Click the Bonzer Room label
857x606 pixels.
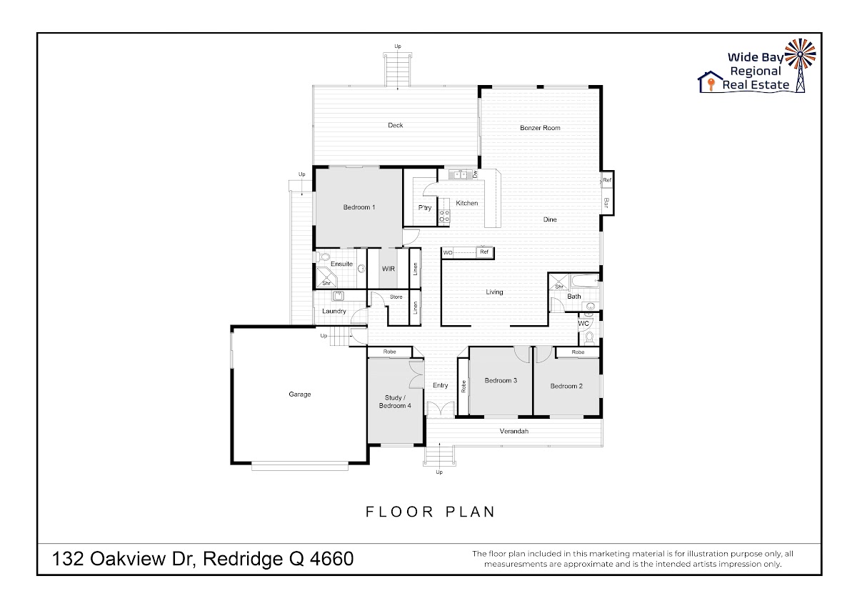pos(540,128)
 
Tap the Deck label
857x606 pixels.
pos(395,125)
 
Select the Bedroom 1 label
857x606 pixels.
pos(359,207)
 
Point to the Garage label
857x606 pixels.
pos(299,394)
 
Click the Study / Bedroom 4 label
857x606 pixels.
pos(395,402)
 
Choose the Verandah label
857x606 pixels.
pos(513,431)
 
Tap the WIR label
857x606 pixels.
pos(388,269)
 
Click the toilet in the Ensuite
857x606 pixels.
pos(323,257)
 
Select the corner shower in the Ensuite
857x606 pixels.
pos(326,277)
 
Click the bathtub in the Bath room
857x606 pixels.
pos(585,282)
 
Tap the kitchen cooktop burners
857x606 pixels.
pos(444,216)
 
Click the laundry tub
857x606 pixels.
pos(338,296)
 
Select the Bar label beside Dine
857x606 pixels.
pos(606,202)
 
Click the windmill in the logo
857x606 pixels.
pos(800,65)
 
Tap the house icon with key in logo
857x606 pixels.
pos(710,81)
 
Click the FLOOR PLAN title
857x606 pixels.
pos(431,512)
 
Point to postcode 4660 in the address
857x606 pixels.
pos(331,559)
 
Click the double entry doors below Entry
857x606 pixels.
pos(440,409)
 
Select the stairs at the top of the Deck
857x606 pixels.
pos(398,70)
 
